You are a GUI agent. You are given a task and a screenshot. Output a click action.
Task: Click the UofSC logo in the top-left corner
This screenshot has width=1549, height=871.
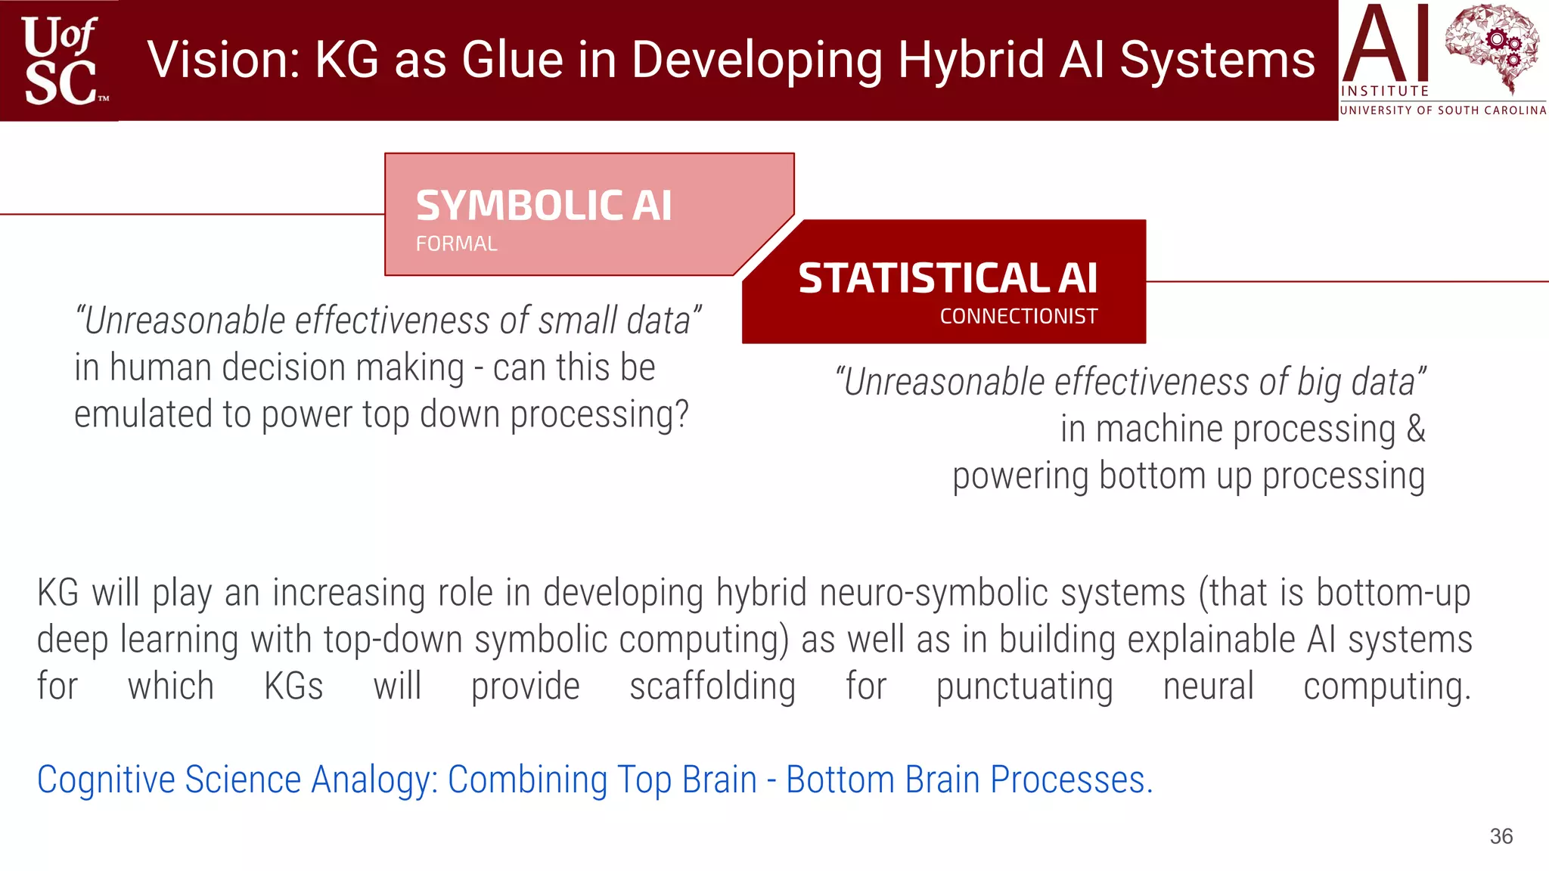tap(61, 60)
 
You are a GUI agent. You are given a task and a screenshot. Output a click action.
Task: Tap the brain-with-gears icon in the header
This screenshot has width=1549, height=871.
tap(1492, 47)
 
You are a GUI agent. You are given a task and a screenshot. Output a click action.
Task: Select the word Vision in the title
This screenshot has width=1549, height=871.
tap(224, 60)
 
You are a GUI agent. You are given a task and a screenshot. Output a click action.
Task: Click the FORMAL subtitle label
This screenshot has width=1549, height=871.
tap(456, 244)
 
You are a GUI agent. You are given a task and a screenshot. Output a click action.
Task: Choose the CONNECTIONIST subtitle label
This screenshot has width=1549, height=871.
tap(1018, 317)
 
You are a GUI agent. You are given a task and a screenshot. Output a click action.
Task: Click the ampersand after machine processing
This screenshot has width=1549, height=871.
tap(1415, 429)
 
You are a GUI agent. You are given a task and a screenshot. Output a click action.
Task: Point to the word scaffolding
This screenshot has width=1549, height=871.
tap(712, 687)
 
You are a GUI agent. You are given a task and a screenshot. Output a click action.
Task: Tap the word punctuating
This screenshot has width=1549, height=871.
tap(1024, 687)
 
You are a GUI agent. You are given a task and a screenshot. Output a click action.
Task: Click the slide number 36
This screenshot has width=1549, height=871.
tap(1501, 836)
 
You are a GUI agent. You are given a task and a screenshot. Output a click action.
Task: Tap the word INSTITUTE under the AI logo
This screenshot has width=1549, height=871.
tap(1384, 91)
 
